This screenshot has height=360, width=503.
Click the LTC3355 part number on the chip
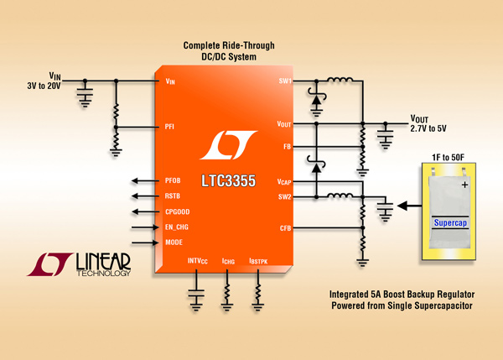[228, 180]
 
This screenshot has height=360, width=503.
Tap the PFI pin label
[169, 127]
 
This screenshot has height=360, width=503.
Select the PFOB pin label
[173, 180]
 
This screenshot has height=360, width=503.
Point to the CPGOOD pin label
[178, 211]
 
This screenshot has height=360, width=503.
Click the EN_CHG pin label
[177, 227]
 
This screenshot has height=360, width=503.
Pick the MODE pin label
[174, 243]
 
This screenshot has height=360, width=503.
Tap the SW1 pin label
[285, 81]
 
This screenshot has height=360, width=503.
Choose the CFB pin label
[286, 228]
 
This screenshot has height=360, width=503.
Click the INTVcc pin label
[198, 261]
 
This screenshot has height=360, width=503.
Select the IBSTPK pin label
[258, 262]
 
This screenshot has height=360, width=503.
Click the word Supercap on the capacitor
[450, 223]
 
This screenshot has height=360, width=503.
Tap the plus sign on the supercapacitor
[464, 185]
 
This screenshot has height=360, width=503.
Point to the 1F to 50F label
[449, 158]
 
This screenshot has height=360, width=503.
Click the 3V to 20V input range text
[44, 86]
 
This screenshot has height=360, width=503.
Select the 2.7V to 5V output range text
[428, 128]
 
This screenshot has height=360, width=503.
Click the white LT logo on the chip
[228, 145]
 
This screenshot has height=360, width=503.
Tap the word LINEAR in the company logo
[103, 262]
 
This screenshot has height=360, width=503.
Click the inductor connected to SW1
[340, 80]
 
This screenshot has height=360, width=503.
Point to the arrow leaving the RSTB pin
[145, 196]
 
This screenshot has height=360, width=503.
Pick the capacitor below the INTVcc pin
[196, 293]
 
